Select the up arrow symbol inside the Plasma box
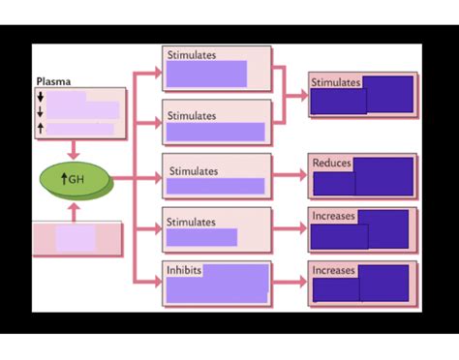tap(41, 128)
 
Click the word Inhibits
tap(184, 270)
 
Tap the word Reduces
tap(331, 163)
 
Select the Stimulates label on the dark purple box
tap(335, 82)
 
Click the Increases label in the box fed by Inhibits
tap(333, 270)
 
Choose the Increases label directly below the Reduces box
tap(333, 216)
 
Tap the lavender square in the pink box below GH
tap(75, 238)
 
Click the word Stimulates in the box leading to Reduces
tap(194, 171)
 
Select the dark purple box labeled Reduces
tap(363, 177)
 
